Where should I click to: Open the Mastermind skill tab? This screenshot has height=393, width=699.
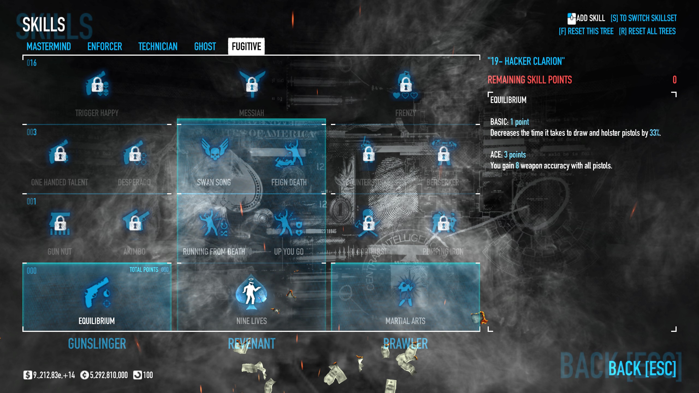pos(49,47)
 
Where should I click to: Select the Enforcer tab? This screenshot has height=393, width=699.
pos(105,47)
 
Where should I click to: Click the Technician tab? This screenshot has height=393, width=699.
pos(158,47)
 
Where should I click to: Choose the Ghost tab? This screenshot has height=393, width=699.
pos(205,47)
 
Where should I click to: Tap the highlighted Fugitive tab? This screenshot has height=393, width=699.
pos(246,46)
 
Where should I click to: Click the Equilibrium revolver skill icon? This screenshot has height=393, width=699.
pos(97,293)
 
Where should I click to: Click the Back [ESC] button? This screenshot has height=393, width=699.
pos(642,369)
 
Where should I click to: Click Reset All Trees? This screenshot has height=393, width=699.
pos(647,31)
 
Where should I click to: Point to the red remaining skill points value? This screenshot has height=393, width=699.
pos(674,80)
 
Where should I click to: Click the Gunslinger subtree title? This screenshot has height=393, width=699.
pos(97,344)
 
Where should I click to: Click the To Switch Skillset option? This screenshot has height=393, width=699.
pos(644,18)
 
